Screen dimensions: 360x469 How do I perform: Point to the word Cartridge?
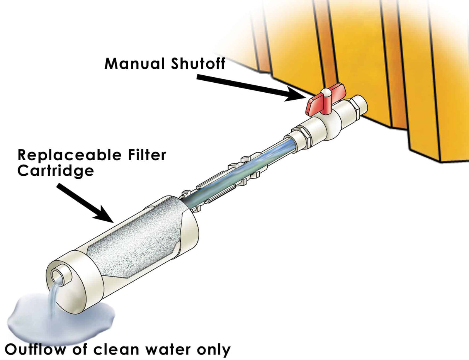[55, 170]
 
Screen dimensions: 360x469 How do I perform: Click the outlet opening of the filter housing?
[59, 277]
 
